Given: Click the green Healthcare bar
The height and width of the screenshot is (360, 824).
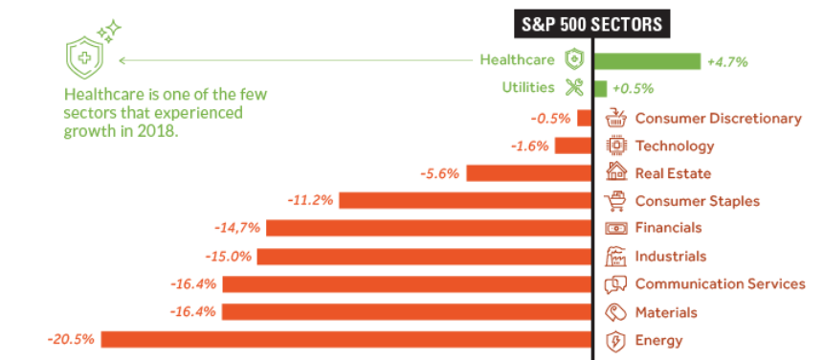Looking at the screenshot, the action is tap(647, 61).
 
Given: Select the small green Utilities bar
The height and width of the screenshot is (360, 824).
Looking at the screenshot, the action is tap(600, 88).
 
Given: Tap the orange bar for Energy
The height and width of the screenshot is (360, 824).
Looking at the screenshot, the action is tap(346, 340).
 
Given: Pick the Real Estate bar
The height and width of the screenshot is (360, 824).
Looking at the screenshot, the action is tap(529, 173).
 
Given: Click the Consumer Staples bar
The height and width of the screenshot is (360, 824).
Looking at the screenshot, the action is tap(465, 200).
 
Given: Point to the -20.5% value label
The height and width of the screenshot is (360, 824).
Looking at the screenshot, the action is tap(71, 340).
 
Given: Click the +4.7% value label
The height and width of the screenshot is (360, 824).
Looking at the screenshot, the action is tap(727, 62).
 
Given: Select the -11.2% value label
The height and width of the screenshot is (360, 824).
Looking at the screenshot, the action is tap(311, 200).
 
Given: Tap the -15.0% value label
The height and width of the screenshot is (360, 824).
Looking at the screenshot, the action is tap(228, 257).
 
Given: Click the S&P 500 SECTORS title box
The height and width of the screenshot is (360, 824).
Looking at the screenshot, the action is tap(592, 24).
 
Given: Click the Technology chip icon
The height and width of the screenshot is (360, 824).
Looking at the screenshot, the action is tap(615, 145).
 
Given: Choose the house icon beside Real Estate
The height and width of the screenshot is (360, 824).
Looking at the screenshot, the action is tap(616, 171).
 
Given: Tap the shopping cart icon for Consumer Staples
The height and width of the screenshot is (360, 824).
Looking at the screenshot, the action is tap(615, 201).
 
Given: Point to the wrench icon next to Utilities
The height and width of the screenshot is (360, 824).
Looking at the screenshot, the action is tap(574, 87).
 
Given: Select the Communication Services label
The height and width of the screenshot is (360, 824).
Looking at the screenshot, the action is tap(720, 283).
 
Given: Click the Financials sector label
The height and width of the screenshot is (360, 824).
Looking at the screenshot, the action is tap(668, 228).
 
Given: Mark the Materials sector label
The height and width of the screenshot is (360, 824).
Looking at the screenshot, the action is tap(666, 312).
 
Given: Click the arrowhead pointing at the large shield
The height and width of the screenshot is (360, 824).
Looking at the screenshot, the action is tap(122, 60).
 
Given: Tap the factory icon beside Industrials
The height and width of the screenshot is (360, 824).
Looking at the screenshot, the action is tap(615, 257).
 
